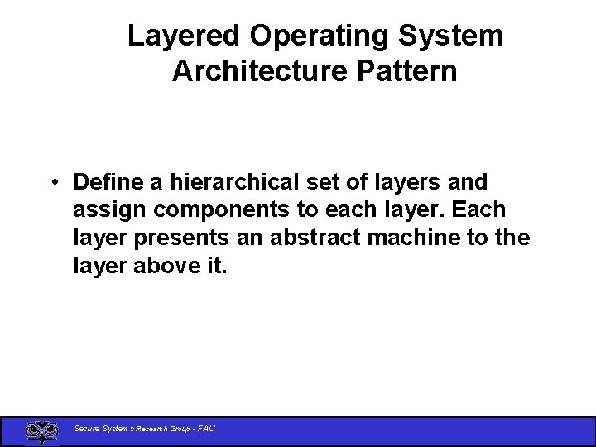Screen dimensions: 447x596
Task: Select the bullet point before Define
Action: coord(53,182)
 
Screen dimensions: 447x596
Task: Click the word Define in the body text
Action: coord(104,181)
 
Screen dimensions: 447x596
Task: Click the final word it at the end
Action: coord(217,266)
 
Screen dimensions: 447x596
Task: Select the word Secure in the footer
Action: coord(86,429)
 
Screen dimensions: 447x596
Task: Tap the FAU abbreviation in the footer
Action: coord(207,429)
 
